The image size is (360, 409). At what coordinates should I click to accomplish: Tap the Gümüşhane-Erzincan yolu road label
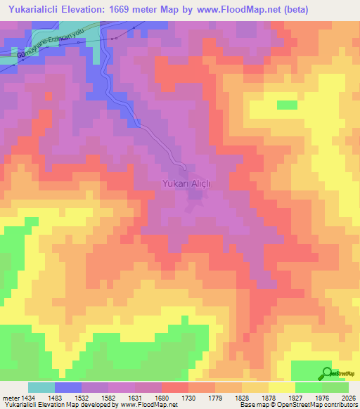click(x=44, y=44)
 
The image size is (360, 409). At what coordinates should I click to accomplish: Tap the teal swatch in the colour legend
click(x=41, y=388)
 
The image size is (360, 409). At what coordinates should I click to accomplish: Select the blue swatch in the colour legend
click(x=68, y=388)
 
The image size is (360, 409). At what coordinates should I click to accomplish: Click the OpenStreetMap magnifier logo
click(x=326, y=372)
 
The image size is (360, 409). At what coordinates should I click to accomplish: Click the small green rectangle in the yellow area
click(x=287, y=105)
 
